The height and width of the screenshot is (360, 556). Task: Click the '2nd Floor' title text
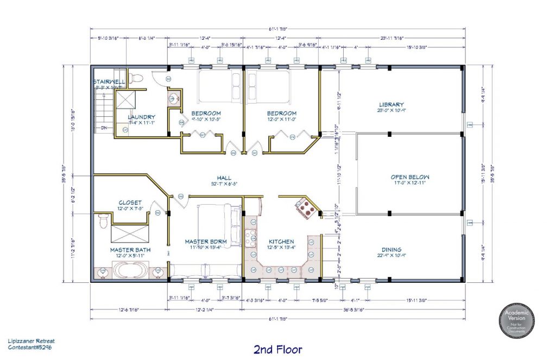pos(277,349)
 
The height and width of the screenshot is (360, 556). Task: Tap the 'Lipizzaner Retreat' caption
pos(31,340)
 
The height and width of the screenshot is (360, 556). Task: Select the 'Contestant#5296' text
pos(31,346)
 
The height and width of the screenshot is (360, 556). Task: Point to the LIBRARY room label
pos(391,104)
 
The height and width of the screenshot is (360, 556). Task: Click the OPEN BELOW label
pos(410,177)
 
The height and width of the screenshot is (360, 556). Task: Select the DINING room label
pos(391,249)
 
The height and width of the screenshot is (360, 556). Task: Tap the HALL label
pos(223,178)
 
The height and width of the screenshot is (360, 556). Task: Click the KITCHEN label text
pos(281,242)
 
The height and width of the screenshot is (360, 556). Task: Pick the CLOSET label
pos(130,203)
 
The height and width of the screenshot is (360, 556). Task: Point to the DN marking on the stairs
pos(104,129)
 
